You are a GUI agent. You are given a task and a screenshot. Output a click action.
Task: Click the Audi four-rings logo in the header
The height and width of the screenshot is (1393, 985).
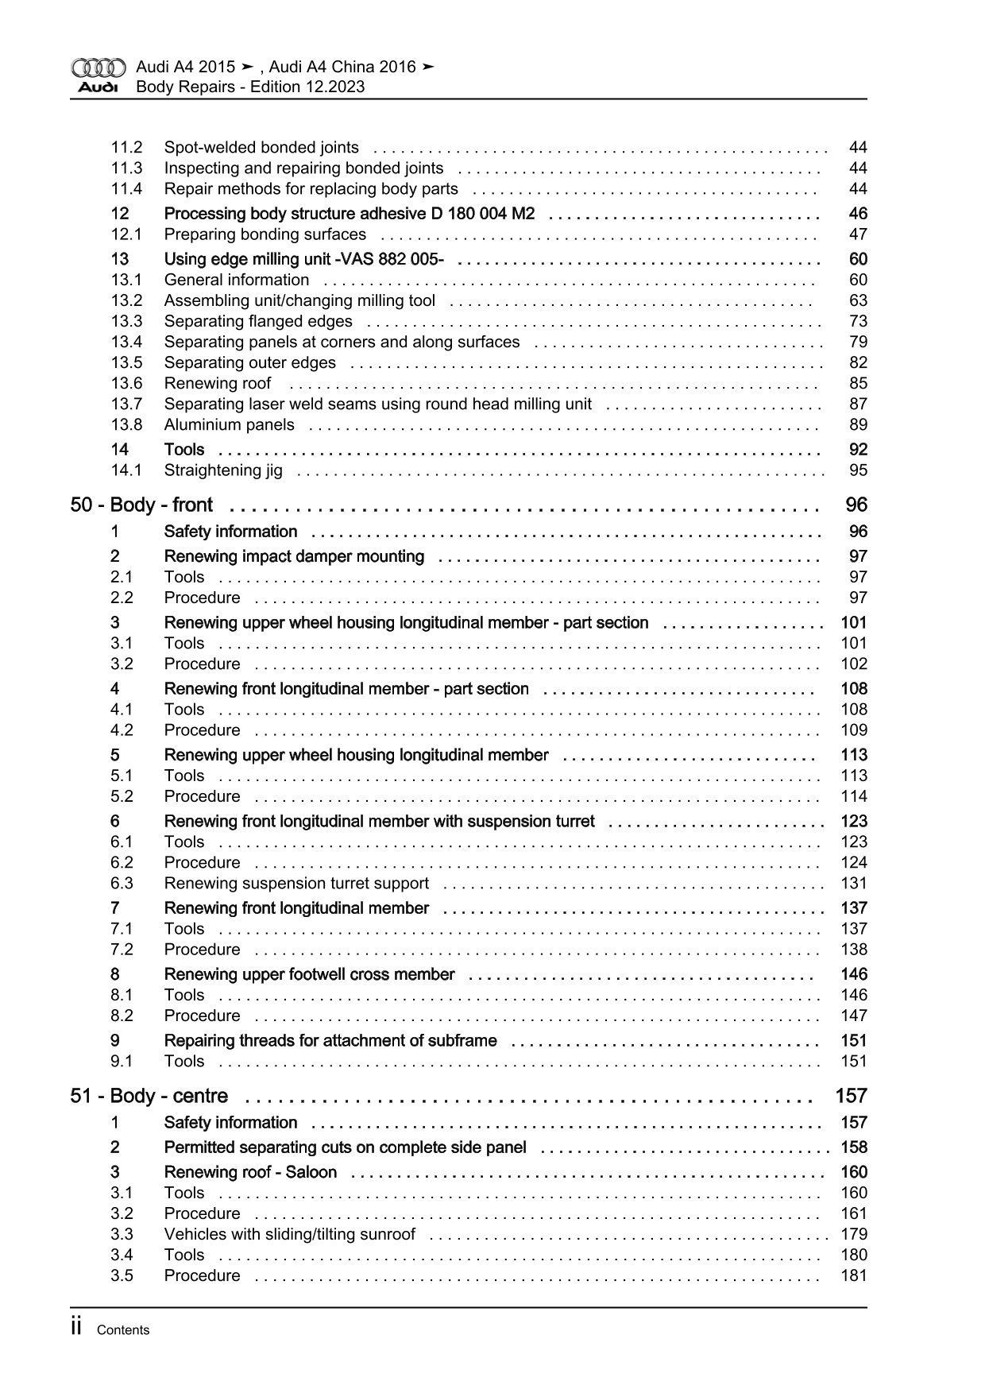coord(98,68)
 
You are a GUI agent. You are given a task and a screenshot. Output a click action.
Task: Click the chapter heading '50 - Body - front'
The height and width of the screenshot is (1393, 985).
coord(141,505)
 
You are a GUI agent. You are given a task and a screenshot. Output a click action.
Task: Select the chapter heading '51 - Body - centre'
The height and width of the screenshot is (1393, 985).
coord(149,1097)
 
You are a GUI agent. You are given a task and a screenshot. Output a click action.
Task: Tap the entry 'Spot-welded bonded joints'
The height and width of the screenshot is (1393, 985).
coord(261,148)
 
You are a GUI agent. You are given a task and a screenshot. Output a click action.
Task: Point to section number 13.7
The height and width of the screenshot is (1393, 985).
coord(126,404)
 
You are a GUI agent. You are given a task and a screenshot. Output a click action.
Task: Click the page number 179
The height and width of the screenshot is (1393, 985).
coord(854,1235)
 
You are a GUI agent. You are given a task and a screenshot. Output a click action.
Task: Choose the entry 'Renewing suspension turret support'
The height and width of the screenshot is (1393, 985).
coord(296,884)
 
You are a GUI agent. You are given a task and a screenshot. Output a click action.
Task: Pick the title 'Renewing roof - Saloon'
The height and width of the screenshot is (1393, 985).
coord(250,1173)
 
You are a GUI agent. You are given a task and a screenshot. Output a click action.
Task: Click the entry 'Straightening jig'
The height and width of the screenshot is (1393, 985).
coord(223,470)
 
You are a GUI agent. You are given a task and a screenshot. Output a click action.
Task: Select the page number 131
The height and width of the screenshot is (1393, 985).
coord(854,884)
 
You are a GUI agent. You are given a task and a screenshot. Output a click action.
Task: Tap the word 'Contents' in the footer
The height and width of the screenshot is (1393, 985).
coord(122,1330)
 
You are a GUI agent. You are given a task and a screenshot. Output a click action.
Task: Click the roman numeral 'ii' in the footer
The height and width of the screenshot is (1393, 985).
coord(77,1328)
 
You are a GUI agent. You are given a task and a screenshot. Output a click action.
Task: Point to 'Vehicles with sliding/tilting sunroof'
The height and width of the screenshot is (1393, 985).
coord(289,1235)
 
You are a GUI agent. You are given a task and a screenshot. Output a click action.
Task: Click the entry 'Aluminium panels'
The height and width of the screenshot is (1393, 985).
coord(229,425)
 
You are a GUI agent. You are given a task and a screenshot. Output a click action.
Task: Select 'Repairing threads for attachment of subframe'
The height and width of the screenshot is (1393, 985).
coord(330,1041)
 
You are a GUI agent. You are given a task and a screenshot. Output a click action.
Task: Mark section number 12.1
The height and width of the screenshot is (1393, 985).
coord(126,234)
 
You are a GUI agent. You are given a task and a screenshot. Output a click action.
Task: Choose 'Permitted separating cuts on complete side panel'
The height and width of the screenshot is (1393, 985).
coord(345,1148)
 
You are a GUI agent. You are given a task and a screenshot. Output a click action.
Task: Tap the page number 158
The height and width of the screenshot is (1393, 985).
coord(854,1148)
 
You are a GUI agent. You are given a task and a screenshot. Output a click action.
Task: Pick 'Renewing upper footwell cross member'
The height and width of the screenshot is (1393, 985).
coord(309,975)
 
